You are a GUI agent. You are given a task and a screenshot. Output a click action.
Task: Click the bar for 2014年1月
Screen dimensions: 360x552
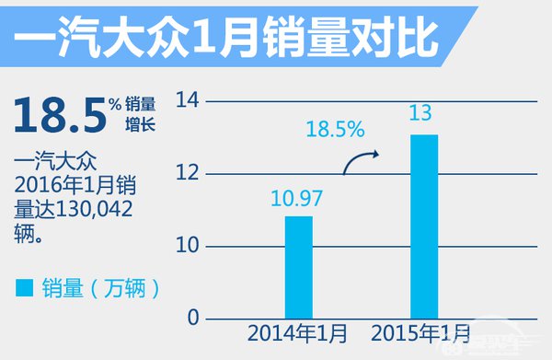[x=299, y=267]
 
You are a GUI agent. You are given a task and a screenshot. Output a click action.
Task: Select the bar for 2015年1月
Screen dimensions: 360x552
[x=424, y=226]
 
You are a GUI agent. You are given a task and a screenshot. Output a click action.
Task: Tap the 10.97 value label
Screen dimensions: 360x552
[x=299, y=197]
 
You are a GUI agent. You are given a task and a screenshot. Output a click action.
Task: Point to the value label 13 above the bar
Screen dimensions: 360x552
[x=424, y=115]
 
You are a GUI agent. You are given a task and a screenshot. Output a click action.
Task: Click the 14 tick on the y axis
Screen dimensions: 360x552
[x=188, y=100]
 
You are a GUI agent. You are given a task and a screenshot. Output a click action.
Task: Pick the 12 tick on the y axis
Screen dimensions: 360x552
[x=188, y=173]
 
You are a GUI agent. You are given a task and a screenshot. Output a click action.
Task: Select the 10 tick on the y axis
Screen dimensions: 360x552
[x=188, y=246]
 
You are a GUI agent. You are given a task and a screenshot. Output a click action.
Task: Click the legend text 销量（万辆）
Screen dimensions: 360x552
[x=101, y=288]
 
